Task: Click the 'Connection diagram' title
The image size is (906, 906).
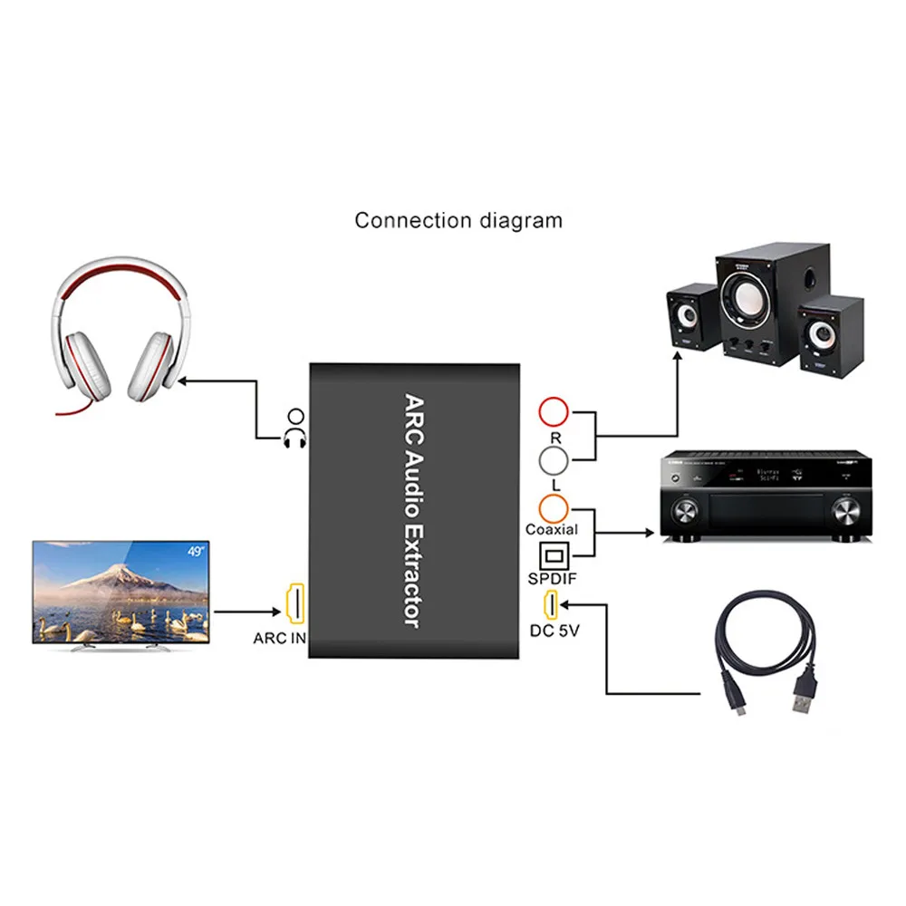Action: [458, 220]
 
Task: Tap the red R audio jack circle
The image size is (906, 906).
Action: [554, 413]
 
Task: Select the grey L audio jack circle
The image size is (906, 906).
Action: [554, 463]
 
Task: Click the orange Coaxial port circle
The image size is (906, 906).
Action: [553, 506]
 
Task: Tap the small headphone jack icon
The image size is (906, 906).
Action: [294, 428]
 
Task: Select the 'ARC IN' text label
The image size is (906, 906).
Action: [279, 638]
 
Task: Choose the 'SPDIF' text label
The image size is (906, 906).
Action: [553, 578]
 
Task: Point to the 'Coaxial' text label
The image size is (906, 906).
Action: [552, 529]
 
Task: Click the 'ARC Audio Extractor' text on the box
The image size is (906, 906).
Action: [413, 510]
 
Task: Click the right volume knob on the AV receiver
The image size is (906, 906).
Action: [843, 515]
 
